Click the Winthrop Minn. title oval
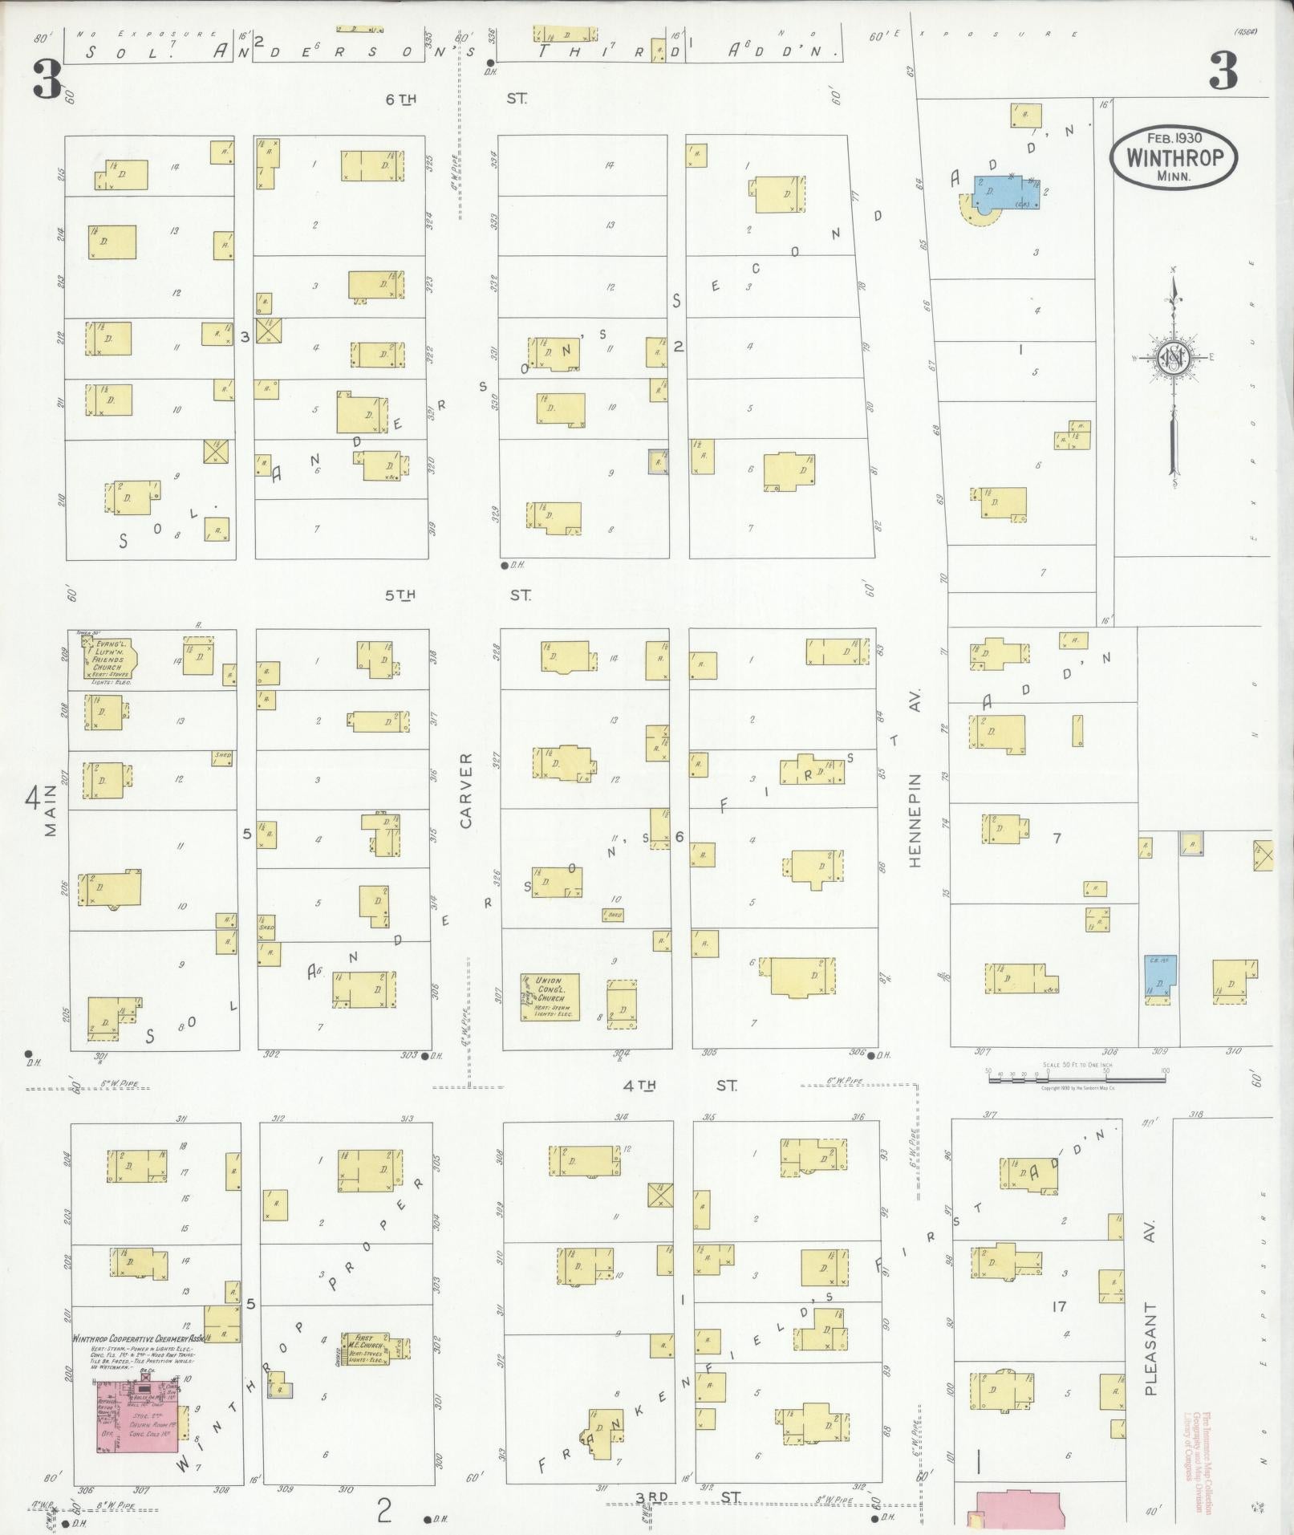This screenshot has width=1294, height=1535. [x=1174, y=156]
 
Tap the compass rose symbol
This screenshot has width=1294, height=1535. [x=1174, y=358]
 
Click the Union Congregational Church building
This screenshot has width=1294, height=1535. [x=550, y=997]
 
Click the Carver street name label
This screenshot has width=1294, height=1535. [x=467, y=790]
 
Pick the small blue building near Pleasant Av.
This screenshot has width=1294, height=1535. [x=1156, y=976]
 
